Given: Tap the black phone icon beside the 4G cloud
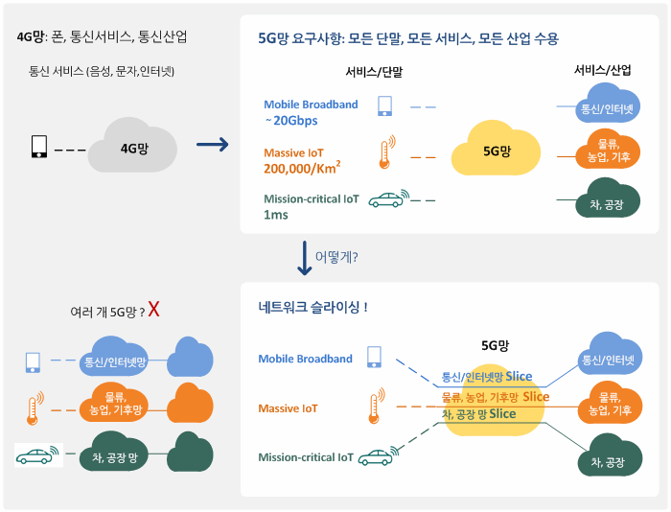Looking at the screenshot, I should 39,148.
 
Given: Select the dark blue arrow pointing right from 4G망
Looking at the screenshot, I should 212,145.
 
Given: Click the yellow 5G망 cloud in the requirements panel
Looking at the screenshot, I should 496,151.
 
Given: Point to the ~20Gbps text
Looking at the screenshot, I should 290,121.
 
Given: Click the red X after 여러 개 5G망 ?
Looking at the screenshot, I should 153,310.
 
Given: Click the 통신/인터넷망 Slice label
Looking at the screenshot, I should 487,376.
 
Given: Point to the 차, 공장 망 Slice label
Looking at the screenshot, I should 478,414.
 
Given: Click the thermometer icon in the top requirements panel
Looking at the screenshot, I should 385,153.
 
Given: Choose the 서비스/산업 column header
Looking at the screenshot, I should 602,71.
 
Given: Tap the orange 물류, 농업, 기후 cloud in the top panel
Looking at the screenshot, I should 607,149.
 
